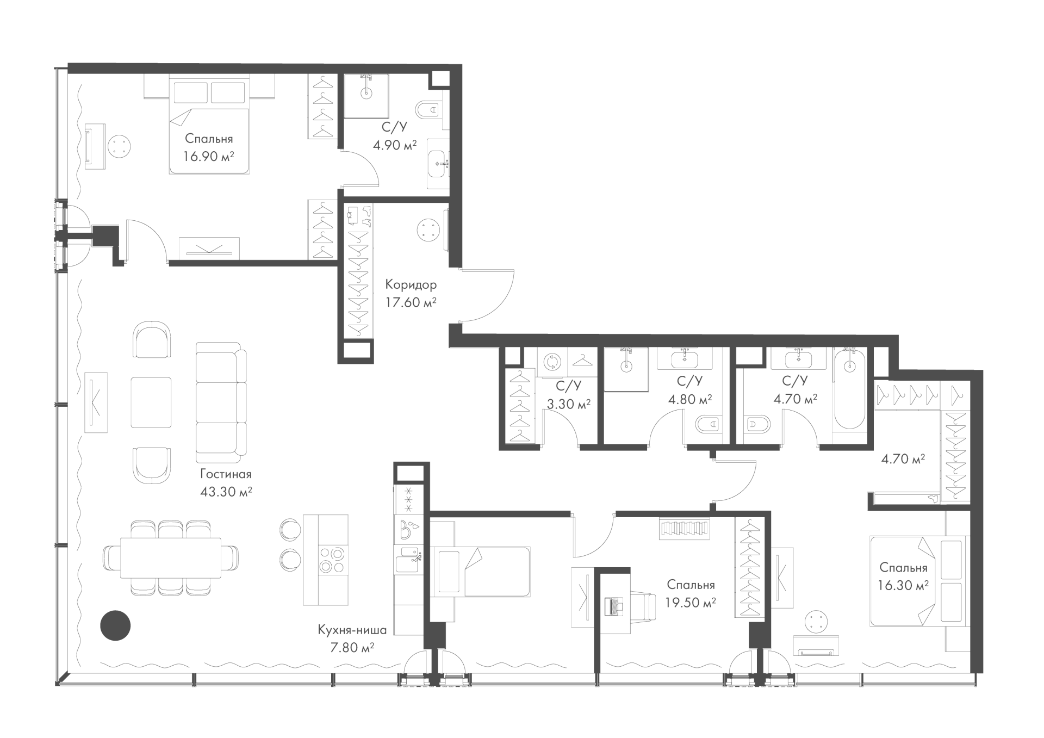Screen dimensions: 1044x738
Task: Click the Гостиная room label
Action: (x=226, y=474)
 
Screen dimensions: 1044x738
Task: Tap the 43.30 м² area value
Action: (x=226, y=492)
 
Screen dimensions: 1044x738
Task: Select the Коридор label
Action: (x=411, y=284)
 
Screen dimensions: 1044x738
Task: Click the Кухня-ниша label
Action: (x=352, y=630)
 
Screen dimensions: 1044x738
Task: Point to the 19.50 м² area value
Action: (x=691, y=603)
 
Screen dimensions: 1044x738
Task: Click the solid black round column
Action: (x=115, y=625)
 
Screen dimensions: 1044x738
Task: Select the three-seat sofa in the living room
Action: (x=221, y=402)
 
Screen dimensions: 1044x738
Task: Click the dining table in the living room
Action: (x=171, y=558)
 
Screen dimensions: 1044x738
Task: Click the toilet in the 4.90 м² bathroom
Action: (x=431, y=110)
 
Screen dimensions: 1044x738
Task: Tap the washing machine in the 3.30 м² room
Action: (x=552, y=362)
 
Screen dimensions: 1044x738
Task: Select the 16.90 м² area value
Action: (x=209, y=157)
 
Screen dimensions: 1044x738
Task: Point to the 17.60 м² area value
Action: (x=411, y=302)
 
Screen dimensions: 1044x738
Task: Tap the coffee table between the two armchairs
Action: (x=151, y=402)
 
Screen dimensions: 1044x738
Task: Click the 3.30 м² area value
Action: (x=569, y=405)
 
